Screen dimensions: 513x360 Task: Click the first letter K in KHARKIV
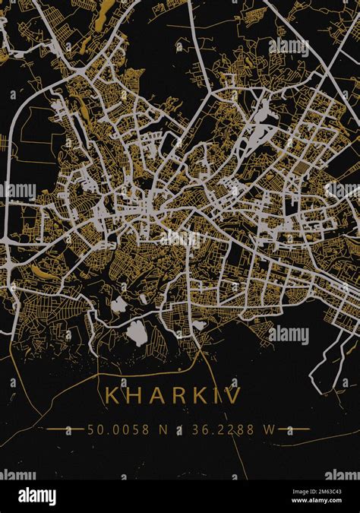click(112, 396)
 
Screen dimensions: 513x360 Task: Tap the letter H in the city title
click(134, 396)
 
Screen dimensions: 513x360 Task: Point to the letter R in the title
click(178, 396)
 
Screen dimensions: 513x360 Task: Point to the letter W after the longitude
click(269, 429)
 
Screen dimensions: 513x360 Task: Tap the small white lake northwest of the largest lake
click(119, 306)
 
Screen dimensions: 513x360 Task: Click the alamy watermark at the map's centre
click(180, 239)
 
